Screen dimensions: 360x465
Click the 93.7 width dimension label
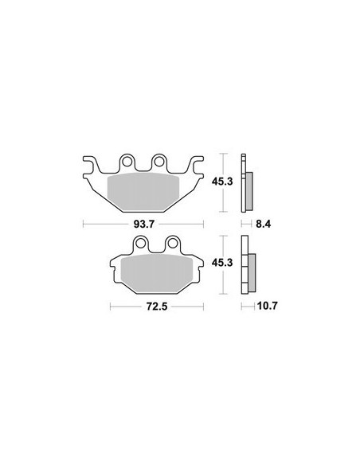144,225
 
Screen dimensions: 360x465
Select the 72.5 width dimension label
157,307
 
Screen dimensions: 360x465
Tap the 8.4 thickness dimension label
264,224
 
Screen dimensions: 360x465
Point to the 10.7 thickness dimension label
267,306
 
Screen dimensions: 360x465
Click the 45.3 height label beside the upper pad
222,182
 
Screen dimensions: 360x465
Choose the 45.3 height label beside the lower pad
222,263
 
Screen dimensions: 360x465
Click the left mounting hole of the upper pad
127,162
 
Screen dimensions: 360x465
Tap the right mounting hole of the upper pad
159,162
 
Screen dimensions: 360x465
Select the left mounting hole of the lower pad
141,243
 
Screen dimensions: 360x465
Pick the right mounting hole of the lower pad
173,243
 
